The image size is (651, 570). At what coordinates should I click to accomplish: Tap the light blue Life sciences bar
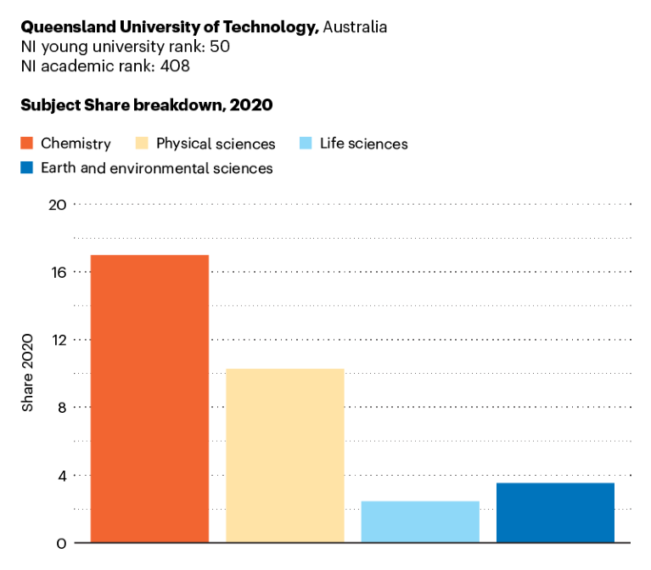point(420,521)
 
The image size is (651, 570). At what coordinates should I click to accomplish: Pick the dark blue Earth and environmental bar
point(555,512)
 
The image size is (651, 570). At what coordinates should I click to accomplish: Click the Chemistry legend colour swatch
point(26,144)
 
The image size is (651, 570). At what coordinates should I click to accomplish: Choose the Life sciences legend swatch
point(306,144)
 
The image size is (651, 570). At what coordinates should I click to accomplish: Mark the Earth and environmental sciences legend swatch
point(26,168)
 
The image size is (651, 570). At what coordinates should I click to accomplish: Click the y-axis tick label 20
point(57,205)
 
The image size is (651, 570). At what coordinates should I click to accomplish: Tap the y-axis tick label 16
point(57,272)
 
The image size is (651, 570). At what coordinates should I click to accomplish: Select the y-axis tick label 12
point(57,340)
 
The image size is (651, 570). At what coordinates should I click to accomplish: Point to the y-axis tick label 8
point(60,407)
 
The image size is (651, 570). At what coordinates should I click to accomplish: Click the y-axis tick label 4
point(60,475)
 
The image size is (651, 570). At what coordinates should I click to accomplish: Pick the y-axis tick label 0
point(60,543)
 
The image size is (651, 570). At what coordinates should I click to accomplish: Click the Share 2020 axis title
point(28,374)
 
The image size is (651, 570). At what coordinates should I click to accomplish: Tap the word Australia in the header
point(355,27)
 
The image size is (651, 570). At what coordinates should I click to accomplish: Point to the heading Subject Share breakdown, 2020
point(146,105)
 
